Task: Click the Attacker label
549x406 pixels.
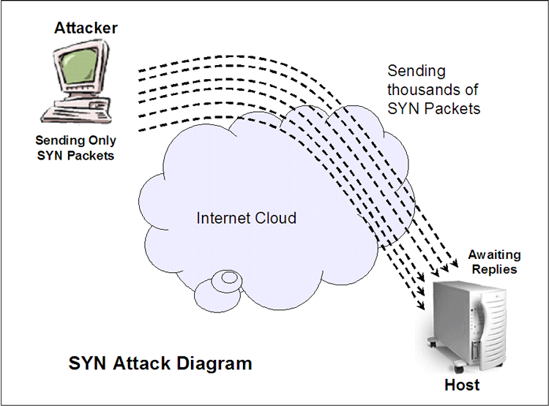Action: click(86, 28)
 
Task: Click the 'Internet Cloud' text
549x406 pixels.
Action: click(246, 218)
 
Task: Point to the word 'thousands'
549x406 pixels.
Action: click(433, 90)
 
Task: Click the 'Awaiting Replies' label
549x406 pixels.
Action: click(495, 262)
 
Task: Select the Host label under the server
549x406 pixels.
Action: click(462, 385)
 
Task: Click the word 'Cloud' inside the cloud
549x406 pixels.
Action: click(277, 218)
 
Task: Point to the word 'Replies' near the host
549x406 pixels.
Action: click(495, 269)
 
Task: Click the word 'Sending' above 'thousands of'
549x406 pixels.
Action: click(415, 72)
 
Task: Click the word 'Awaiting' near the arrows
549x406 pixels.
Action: click(495, 255)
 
